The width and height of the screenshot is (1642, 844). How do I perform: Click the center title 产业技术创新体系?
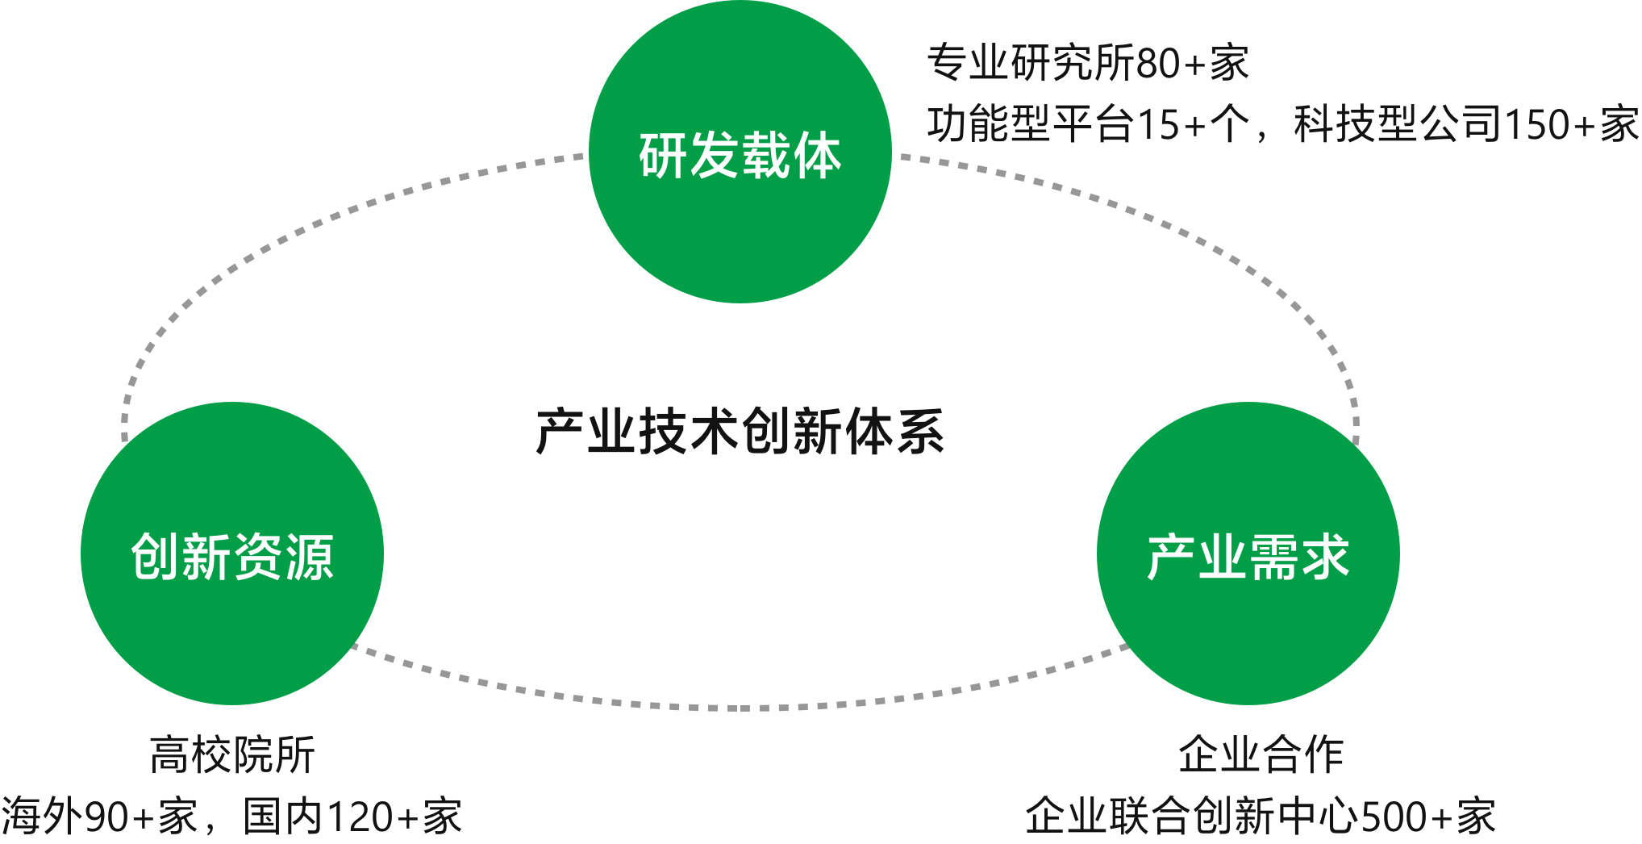point(740,432)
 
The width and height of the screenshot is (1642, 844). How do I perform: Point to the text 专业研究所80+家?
point(1087,63)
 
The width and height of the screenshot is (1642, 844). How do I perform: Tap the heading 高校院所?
point(232,755)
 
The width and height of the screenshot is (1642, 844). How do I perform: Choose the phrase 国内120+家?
point(352,817)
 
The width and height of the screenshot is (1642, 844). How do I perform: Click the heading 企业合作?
point(1261,755)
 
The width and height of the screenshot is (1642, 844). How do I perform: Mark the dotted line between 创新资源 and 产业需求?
point(740,708)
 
